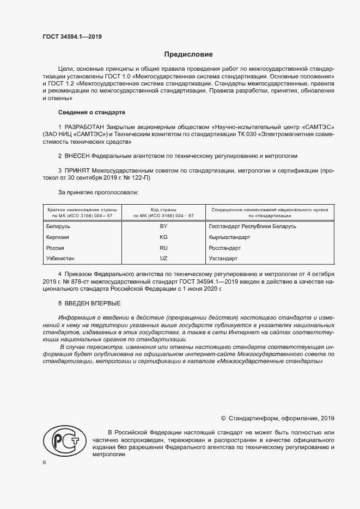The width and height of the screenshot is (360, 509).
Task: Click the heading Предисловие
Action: click(188, 54)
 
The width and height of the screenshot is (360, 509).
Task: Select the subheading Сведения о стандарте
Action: click(91, 112)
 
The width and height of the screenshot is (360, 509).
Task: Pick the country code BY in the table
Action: click(163, 226)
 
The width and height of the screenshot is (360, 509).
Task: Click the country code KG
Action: click(163, 237)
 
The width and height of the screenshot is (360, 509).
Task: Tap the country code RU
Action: click(163, 248)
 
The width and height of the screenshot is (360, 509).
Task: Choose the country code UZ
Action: click(163, 258)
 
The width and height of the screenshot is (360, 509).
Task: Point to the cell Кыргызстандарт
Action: click(229, 237)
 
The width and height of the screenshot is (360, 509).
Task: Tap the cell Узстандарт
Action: click(223, 258)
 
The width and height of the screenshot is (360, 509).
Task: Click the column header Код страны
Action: click(163, 209)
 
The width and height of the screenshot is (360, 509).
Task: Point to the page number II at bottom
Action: click(45, 463)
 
